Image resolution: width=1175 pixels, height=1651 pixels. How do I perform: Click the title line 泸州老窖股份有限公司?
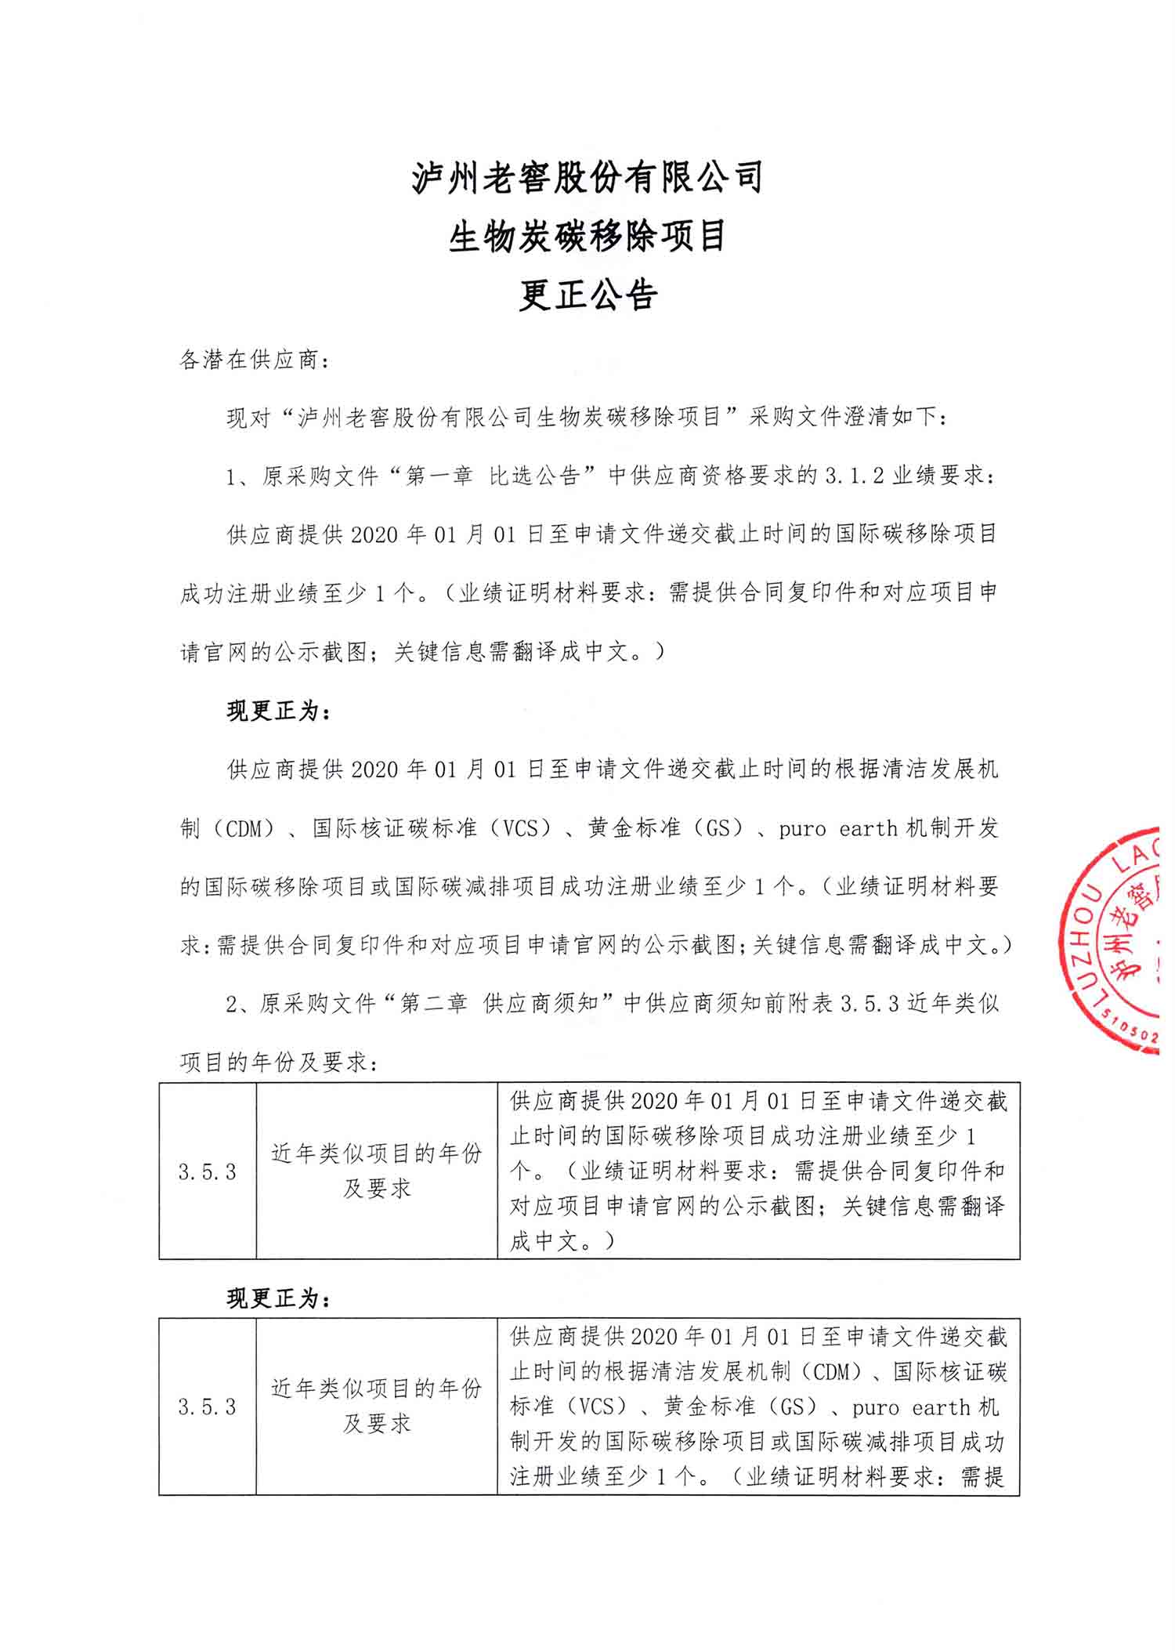[x=587, y=177]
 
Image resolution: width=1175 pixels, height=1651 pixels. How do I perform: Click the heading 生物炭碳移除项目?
[x=587, y=237]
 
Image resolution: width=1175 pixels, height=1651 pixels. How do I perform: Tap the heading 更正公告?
[x=587, y=295]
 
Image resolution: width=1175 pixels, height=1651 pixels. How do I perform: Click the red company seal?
[x=1112, y=940]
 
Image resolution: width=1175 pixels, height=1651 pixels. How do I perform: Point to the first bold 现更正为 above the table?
[x=279, y=711]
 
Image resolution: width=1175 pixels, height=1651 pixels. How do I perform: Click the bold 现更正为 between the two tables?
[x=279, y=1299]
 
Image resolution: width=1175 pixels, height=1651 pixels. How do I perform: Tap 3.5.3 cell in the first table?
[x=208, y=1171]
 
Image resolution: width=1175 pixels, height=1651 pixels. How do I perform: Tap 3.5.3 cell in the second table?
[x=208, y=1407]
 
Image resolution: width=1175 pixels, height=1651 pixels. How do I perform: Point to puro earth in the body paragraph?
[x=838, y=828]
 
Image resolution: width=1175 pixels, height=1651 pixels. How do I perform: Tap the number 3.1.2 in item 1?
[x=855, y=476]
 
